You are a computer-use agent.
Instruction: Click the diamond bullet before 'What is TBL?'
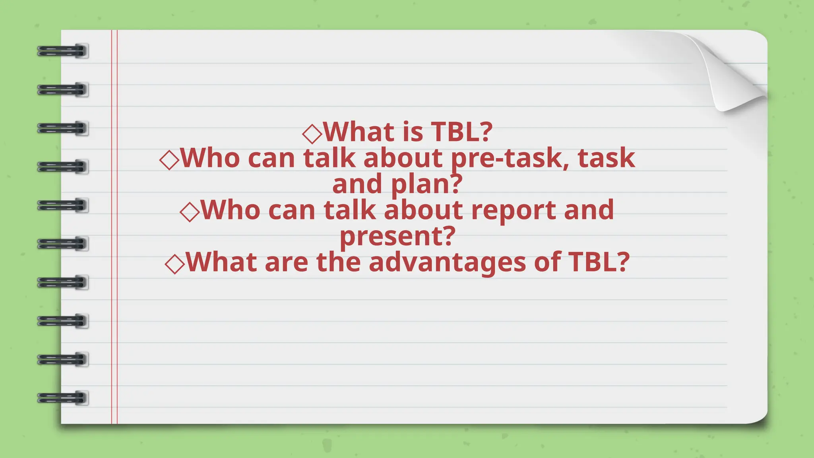coord(312,133)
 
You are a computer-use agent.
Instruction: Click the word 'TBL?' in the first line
coord(461,132)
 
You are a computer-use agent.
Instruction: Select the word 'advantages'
coord(447,263)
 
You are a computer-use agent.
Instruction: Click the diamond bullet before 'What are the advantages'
coord(175,264)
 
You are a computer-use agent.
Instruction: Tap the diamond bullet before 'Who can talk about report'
coord(190,212)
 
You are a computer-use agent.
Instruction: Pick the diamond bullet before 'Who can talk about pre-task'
coord(169,160)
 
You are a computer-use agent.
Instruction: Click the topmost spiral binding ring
coord(63,51)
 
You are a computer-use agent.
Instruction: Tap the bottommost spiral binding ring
coord(63,398)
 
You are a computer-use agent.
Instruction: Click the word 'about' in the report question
coord(423,210)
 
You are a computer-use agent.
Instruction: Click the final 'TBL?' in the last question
coord(599,262)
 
